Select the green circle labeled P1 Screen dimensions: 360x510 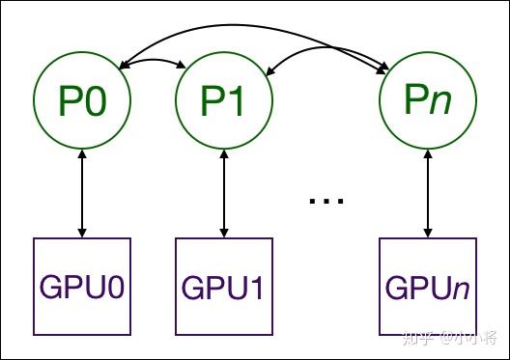224,101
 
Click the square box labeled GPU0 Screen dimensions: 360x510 82,287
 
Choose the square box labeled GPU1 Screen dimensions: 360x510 224,287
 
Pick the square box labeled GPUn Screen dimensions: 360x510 426,287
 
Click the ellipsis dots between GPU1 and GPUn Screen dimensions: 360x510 326,201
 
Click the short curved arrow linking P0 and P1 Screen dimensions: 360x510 153,60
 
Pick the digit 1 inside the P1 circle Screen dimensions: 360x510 238,101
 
